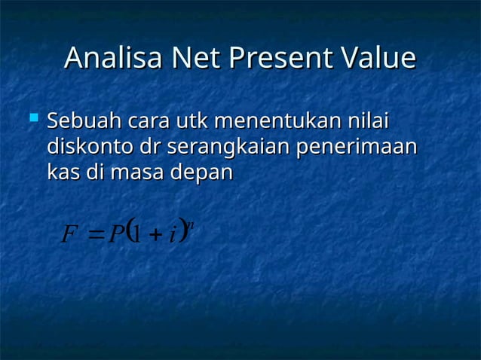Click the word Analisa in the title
pos(114,58)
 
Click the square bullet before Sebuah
pos(32,118)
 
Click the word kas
pos(63,172)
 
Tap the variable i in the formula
pos(173,235)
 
